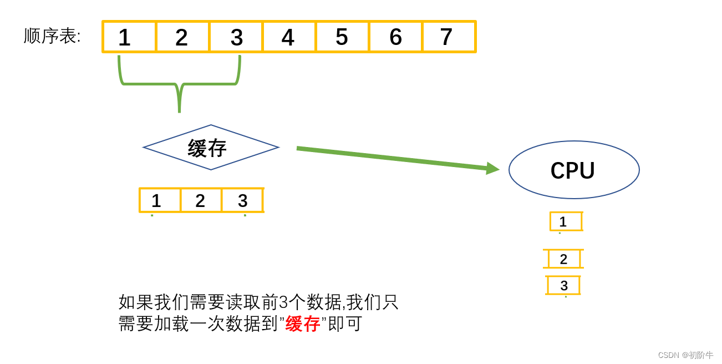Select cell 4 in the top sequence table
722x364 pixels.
288,37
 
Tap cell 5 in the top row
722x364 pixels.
342,37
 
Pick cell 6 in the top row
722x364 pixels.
395,37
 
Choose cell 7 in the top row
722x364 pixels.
448,37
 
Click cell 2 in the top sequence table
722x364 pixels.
182,37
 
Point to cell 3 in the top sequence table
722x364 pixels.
236,37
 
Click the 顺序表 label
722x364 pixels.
52,37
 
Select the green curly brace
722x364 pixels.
179,84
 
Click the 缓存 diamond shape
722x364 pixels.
211,148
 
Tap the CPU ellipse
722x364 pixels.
574,170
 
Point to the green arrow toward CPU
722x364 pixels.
396,158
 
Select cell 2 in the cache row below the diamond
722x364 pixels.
201,200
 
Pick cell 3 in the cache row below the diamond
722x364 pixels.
242,200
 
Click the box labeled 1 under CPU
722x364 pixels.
565,221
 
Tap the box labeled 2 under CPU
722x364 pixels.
564,259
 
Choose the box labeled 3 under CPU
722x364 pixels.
563,285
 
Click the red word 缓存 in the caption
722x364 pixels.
303,324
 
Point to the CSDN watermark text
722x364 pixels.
685,355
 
